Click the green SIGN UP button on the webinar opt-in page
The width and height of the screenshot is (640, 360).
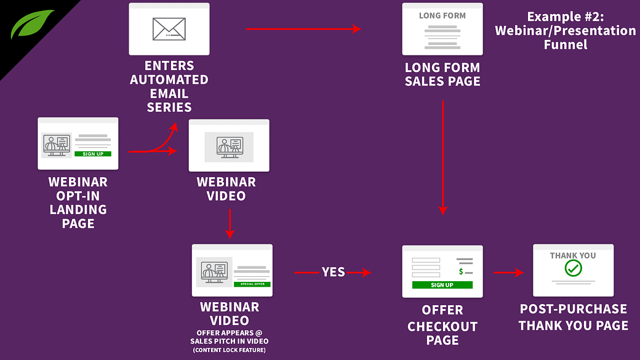(x=93, y=154)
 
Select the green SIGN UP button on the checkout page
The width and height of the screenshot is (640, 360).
(x=442, y=285)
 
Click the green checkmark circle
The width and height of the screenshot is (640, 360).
(x=573, y=268)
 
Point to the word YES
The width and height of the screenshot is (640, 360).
(x=333, y=272)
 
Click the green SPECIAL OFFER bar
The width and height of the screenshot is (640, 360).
(x=252, y=284)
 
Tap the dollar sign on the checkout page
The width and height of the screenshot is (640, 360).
(x=460, y=271)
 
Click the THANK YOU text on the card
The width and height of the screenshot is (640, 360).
(x=573, y=255)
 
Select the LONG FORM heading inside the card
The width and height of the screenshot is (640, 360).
(x=442, y=15)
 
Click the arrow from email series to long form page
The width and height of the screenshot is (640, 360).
(x=303, y=28)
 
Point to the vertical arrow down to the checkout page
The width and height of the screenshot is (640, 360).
(x=442, y=157)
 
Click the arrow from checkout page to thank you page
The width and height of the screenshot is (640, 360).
(x=508, y=272)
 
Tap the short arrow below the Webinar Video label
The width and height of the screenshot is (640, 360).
(x=230, y=224)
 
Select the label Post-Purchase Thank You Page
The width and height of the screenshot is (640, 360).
(x=573, y=317)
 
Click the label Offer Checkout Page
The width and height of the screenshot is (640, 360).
(x=442, y=325)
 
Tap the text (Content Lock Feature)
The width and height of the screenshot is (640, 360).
(x=230, y=350)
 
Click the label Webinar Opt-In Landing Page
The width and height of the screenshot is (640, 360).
(x=78, y=203)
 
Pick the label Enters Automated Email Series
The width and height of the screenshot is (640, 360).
(x=169, y=86)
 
